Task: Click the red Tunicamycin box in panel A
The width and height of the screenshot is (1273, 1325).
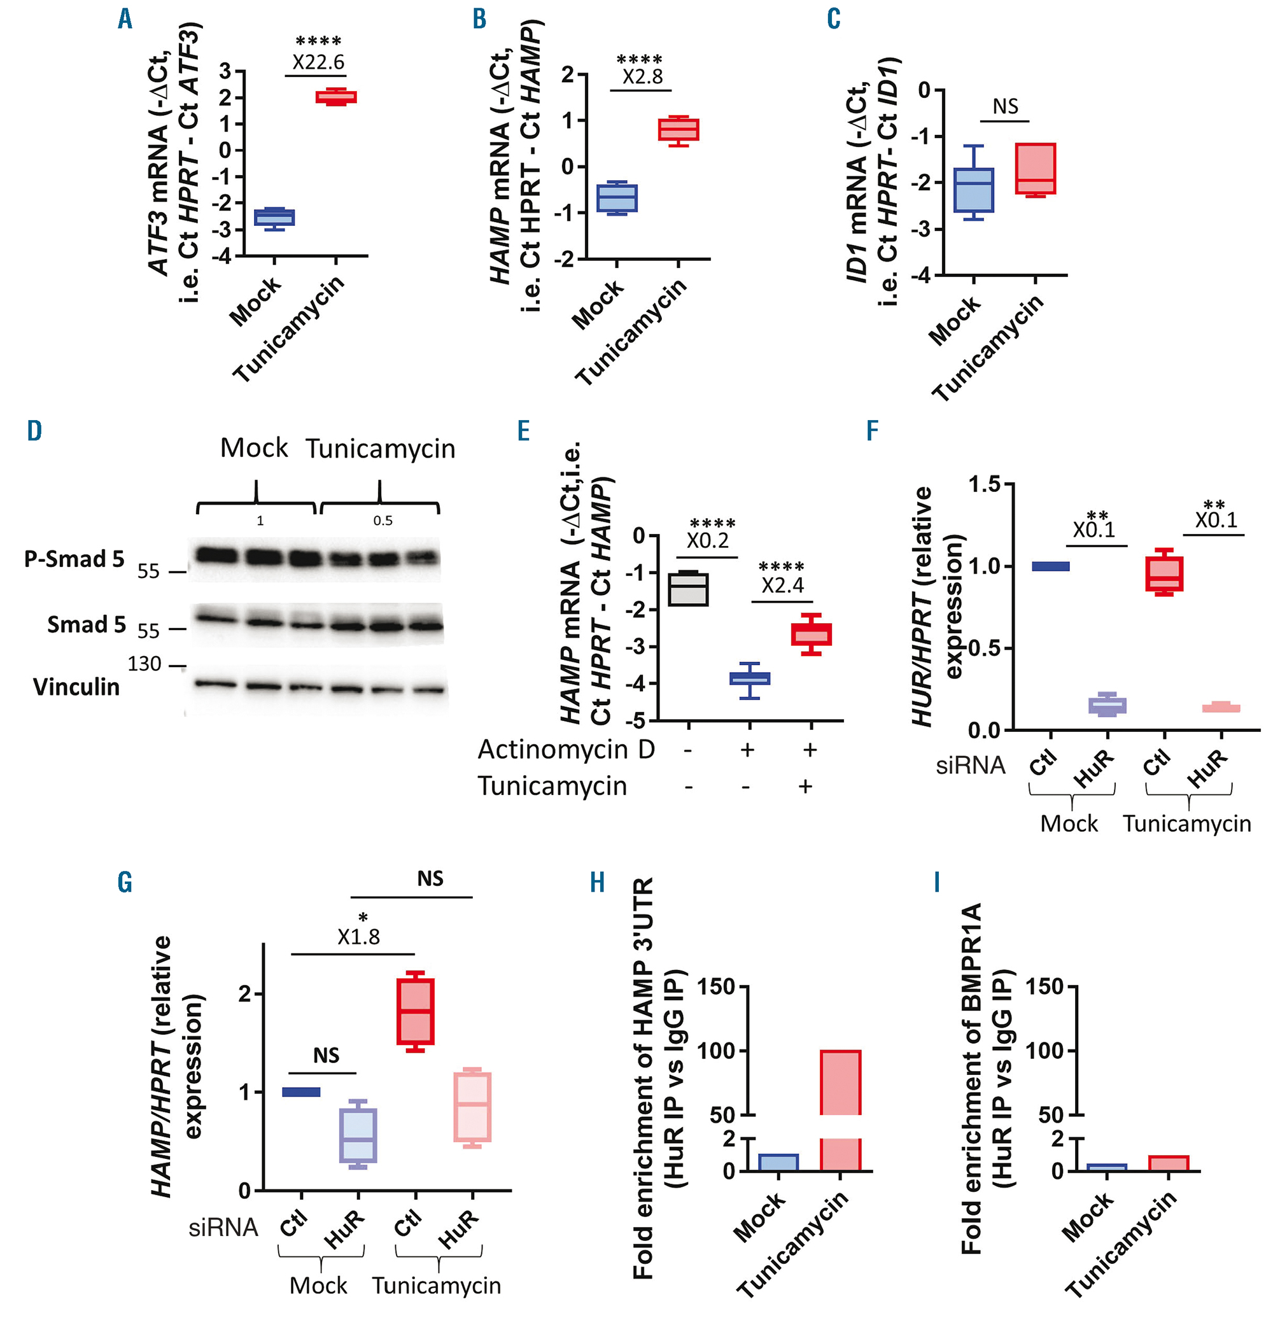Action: (x=336, y=97)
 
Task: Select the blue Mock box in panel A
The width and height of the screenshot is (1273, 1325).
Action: (x=274, y=218)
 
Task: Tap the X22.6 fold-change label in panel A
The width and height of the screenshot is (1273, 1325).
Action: (x=318, y=62)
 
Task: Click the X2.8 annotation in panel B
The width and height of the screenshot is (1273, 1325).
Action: (x=642, y=76)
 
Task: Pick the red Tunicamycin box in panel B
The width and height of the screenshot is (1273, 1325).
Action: (x=678, y=129)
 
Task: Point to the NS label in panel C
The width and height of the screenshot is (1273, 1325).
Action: (x=1005, y=106)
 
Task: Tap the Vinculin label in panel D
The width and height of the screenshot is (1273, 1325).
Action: (x=76, y=687)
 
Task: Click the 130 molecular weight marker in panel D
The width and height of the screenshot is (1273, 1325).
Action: (x=144, y=664)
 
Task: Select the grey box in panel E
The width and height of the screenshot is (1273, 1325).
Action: (x=688, y=589)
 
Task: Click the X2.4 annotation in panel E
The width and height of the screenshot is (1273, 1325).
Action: (x=782, y=585)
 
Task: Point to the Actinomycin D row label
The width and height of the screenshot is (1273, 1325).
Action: (x=566, y=750)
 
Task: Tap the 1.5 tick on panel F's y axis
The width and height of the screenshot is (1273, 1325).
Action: (x=984, y=484)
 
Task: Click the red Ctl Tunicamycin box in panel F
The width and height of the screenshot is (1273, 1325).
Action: (x=1164, y=573)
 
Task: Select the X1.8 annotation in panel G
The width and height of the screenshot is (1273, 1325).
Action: (x=358, y=936)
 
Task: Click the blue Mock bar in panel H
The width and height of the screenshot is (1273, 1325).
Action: (x=778, y=1162)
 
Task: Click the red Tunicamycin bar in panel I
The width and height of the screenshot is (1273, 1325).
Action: (x=1168, y=1163)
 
